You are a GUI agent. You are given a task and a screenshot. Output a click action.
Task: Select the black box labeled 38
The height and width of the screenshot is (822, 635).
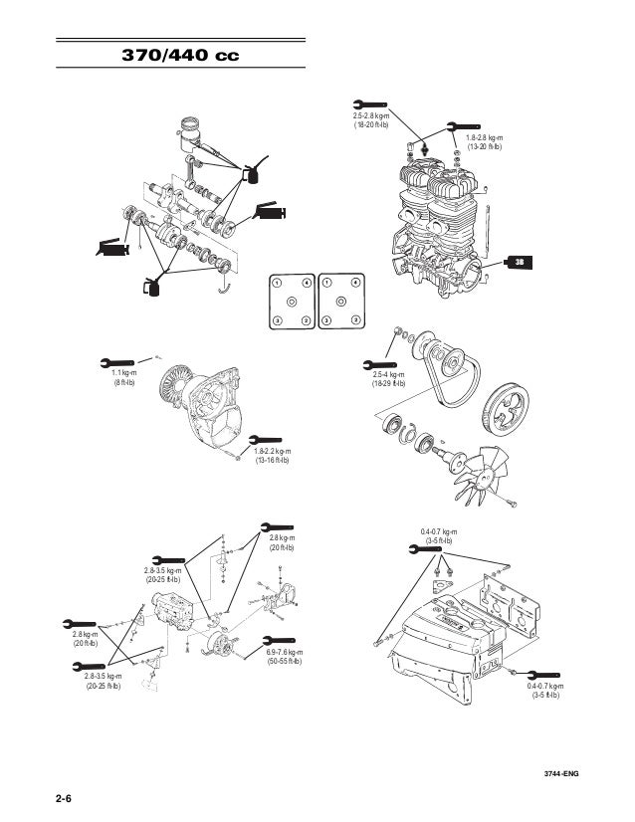(x=518, y=262)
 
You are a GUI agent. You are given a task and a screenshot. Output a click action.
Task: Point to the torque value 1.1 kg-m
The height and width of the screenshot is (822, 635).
(x=124, y=371)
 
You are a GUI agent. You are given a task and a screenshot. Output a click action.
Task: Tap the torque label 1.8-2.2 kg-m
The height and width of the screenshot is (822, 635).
(x=272, y=451)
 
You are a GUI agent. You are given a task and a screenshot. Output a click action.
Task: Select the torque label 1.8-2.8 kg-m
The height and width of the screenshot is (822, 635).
(x=485, y=138)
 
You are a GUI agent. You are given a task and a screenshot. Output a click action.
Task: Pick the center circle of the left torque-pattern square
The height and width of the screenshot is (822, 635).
(x=291, y=302)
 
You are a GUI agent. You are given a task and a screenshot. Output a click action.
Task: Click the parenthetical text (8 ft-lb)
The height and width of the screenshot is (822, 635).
(x=124, y=381)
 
